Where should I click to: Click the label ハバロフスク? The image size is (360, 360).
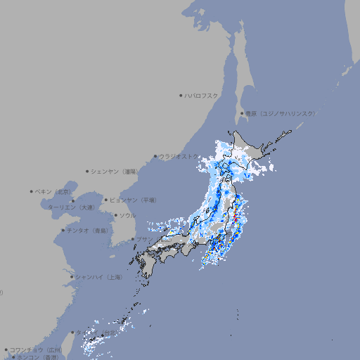(202, 95)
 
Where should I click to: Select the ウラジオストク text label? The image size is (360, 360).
(179, 156)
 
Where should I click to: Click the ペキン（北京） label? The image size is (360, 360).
(53, 191)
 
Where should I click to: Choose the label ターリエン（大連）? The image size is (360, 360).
(71, 207)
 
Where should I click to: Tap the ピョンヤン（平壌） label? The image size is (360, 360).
(133, 200)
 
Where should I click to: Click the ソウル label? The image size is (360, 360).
(127, 215)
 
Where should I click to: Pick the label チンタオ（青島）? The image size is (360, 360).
(87, 230)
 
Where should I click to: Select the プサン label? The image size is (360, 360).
(143, 239)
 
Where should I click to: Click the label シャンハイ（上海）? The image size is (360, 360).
(98, 277)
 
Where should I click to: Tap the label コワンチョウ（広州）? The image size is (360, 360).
(36, 349)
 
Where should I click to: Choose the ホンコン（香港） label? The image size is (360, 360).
(35, 357)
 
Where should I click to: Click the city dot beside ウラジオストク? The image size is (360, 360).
(155, 156)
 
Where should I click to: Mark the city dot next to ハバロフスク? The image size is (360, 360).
(181, 95)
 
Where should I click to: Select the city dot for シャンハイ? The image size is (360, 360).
(72, 277)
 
